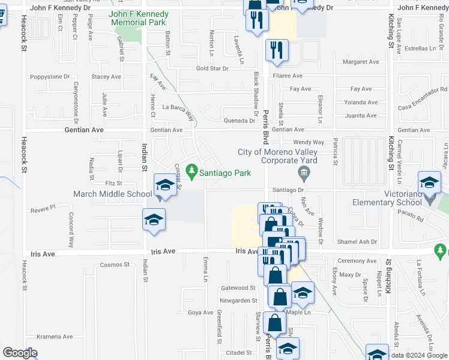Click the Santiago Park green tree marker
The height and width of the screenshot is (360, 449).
pyautogui.click(x=192, y=173)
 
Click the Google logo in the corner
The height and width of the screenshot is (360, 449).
pyautogui.click(x=20, y=353)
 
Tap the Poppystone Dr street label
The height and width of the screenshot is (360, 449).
pyautogui.click(x=50, y=77)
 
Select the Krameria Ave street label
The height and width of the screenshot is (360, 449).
pyautogui.click(x=55, y=337)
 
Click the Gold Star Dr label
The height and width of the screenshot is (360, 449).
pyautogui.click(x=212, y=68)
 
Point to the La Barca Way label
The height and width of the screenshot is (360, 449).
pyautogui.click(x=179, y=109)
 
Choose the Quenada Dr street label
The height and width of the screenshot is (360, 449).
pyautogui.click(x=240, y=120)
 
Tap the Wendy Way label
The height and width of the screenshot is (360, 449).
pyautogui.click(x=309, y=142)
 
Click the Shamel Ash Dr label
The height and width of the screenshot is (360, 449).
pyautogui.click(x=357, y=242)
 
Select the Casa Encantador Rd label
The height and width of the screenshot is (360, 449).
pyautogui.click(x=423, y=106)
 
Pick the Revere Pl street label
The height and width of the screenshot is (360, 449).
pyautogui.click(x=43, y=206)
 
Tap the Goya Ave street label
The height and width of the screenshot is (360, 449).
pyautogui.click(x=200, y=313)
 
